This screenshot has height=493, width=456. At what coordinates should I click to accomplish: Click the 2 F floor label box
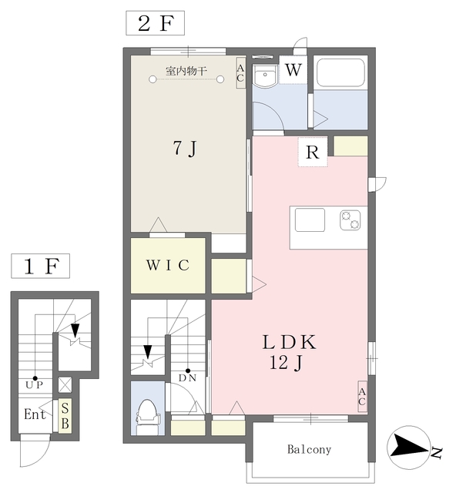pos(155,23)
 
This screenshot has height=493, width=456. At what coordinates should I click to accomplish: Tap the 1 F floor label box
pos(41,266)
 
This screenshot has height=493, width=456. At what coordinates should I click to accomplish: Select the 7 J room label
pos(185,148)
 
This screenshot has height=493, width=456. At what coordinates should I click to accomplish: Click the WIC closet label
pos(168,265)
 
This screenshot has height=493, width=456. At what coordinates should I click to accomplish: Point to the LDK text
pos(290,342)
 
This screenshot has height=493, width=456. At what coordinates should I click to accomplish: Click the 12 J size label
pos(286,363)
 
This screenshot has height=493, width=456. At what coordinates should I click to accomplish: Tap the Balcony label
pos(309,450)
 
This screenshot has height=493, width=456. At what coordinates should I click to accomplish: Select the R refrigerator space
pos(313,153)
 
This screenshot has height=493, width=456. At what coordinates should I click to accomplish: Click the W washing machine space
pos(293,70)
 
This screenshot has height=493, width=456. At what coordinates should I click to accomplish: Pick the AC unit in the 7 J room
pos(240,73)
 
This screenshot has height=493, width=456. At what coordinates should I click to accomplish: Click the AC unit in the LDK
pos(362,397)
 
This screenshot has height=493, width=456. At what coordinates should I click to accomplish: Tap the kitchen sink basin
pos(310,220)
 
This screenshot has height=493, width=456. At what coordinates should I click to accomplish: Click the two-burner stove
pos(350,220)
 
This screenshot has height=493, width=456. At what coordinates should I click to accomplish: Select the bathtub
pos(341,72)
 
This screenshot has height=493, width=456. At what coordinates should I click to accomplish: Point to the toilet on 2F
pos(147,417)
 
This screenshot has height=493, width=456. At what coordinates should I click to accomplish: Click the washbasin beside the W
pos(265,76)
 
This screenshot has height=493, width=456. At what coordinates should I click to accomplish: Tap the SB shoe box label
pos(65,416)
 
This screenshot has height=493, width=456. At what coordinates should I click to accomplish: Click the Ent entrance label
pos(35,414)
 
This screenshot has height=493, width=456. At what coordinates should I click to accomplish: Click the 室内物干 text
pos(186,71)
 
